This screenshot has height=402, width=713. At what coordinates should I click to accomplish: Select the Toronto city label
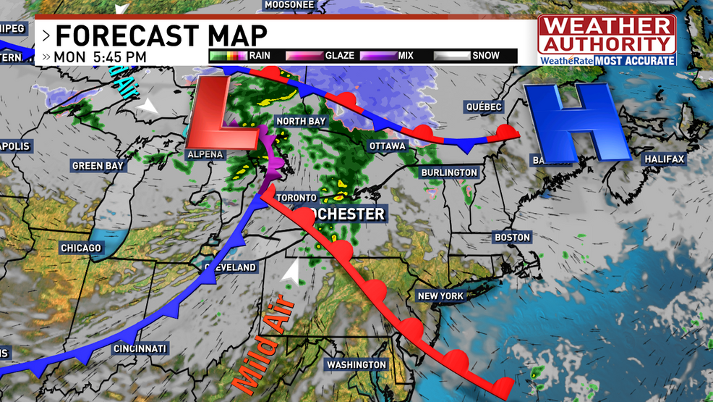295,197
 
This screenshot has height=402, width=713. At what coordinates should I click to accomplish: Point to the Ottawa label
388,146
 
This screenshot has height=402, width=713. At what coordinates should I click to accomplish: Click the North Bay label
300,121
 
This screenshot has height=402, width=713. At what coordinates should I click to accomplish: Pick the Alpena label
206,154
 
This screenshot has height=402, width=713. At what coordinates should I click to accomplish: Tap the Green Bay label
98,166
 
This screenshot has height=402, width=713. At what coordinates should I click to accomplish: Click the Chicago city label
81,248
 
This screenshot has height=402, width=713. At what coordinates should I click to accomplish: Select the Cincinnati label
140,349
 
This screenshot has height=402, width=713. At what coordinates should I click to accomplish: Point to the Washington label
356,364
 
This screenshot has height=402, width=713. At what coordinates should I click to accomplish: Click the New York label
440,296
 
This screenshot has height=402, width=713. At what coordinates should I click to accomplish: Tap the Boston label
512,237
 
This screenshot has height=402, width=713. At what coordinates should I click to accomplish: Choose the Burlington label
450,172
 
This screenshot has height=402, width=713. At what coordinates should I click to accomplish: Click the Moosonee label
289,4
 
